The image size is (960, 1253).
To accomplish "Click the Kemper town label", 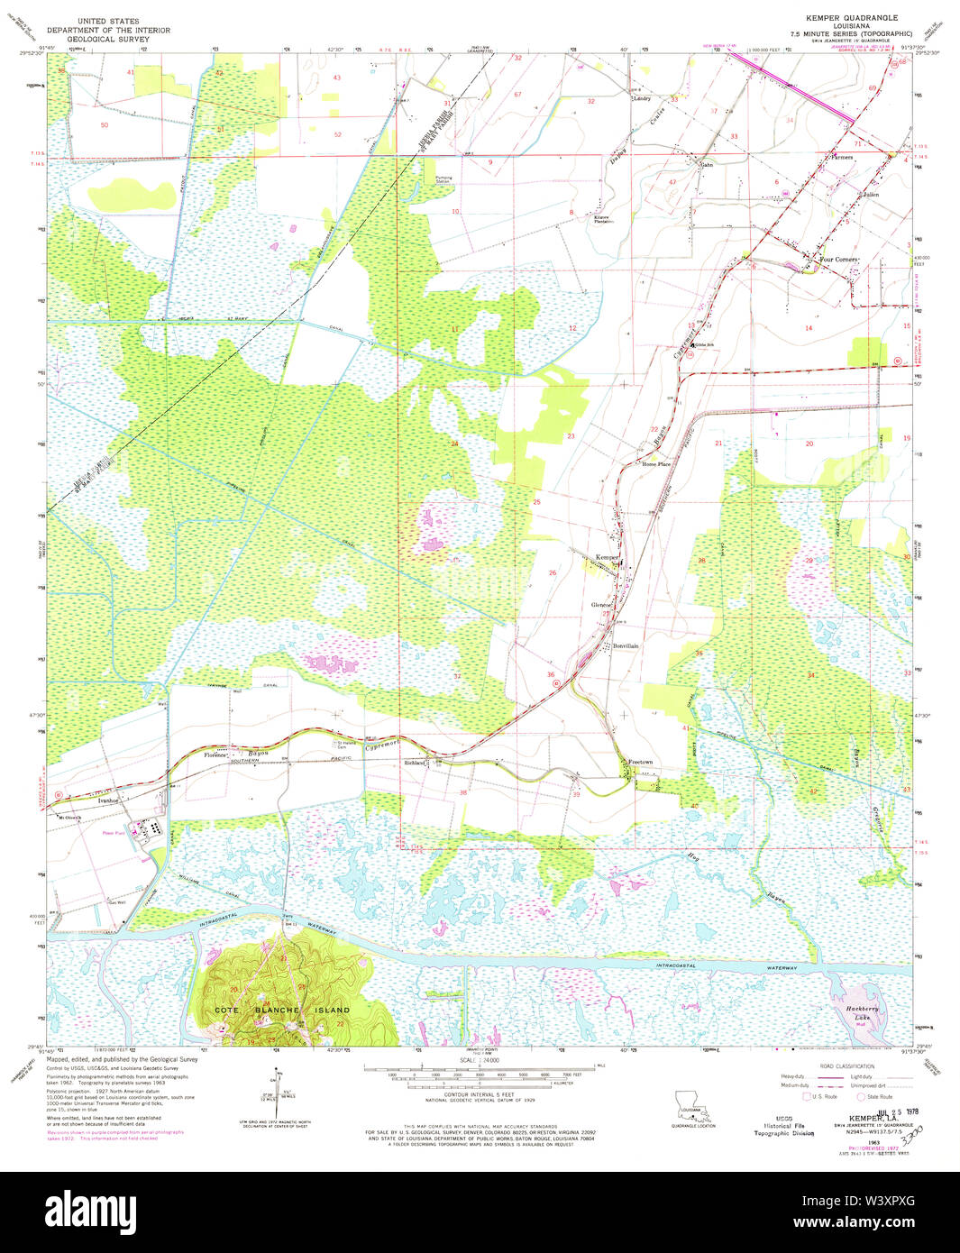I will (606, 558).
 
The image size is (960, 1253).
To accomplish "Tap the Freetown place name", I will (640, 763).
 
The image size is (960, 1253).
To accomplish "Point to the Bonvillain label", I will (626, 646).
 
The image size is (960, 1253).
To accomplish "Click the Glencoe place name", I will (601, 605).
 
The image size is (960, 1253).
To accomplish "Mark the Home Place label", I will (655, 464).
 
